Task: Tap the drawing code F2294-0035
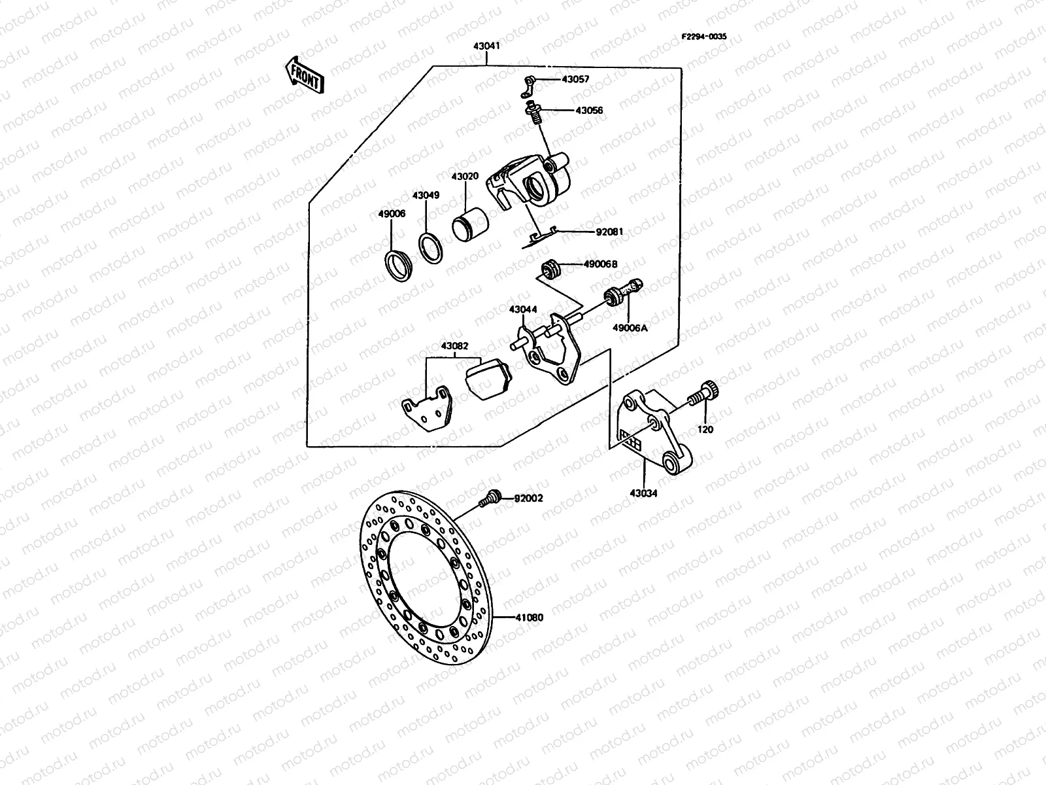704,37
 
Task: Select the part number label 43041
486,46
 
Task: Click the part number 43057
575,80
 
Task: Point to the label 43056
589,111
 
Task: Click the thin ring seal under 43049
430,249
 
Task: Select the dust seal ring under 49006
396,265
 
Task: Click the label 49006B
600,264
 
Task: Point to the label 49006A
630,328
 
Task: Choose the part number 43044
523,309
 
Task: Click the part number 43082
454,345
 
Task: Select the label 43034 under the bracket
644,494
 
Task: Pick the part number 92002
528,498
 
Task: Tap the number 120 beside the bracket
706,430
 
